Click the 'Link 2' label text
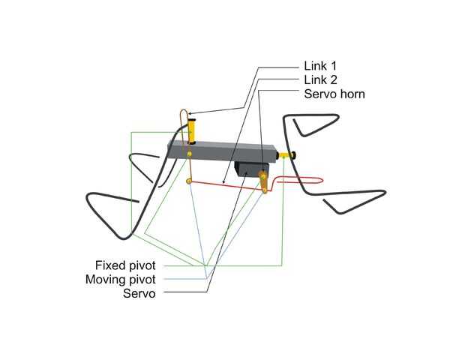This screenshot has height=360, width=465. point(319,79)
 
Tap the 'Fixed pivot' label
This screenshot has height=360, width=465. point(125,265)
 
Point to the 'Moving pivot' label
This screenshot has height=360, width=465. point(121,280)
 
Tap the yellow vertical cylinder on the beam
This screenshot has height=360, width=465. point(193,129)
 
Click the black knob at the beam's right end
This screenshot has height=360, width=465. point(291,155)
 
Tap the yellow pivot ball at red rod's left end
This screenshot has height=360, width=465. point(188,182)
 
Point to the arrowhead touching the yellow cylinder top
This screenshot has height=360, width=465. point(191,114)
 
